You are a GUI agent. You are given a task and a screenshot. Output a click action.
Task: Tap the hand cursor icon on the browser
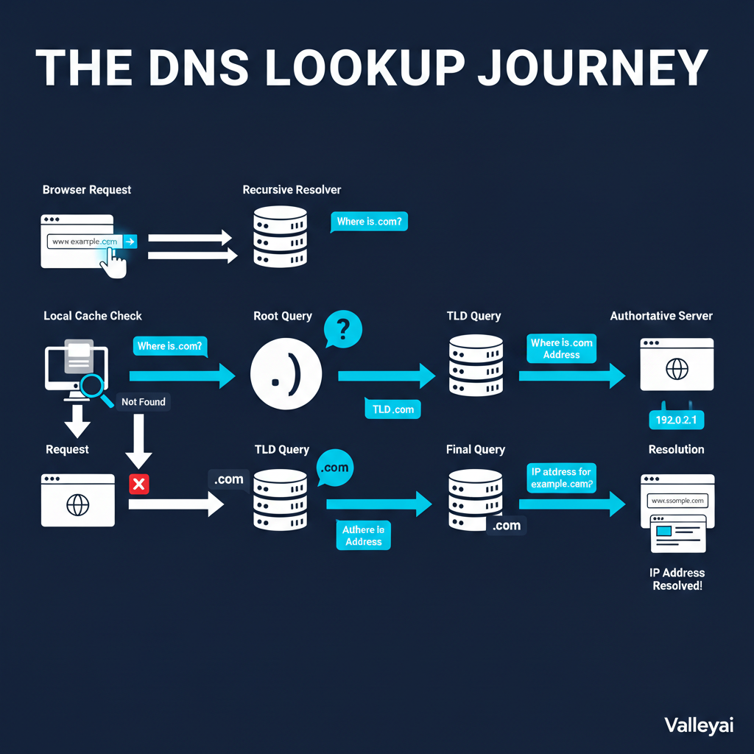click(x=113, y=261)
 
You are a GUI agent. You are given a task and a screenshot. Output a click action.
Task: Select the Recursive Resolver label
click(x=292, y=190)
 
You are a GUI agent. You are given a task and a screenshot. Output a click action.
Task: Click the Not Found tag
click(x=144, y=401)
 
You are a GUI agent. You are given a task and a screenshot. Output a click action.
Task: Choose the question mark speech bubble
click(x=342, y=328)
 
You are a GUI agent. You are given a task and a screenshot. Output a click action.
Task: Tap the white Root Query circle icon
click(x=286, y=376)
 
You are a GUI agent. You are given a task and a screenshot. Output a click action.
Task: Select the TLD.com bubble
click(x=393, y=409)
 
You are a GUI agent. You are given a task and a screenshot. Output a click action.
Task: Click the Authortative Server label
click(x=661, y=316)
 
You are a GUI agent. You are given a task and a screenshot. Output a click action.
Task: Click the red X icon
click(x=138, y=484)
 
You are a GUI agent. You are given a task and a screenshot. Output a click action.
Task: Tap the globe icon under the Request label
click(x=77, y=505)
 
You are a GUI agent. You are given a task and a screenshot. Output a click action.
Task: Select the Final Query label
click(x=476, y=449)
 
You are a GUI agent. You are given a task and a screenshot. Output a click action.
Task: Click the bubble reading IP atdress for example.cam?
click(x=561, y=478)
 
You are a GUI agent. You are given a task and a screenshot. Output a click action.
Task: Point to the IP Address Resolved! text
click(x=677, y=579)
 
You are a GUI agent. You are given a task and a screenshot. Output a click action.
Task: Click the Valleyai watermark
click(x=699, y=725)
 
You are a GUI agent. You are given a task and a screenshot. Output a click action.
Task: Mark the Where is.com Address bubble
click(x=561, y=348)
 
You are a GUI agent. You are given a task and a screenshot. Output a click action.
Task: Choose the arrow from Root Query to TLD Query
click(x=387, y=376)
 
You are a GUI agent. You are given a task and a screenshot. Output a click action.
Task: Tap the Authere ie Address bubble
click(x=364, y=535)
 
